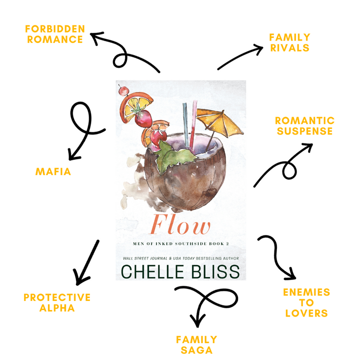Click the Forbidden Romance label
[x=55, y=33]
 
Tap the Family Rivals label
[x=289, y=42]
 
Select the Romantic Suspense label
[x=304, y=126]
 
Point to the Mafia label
[x=53, y=172]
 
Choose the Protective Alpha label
[x=57, y=302]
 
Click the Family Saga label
[x=196, y=344]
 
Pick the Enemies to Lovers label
[x=307, y=302]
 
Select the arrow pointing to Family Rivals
[x=240, y=57]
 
